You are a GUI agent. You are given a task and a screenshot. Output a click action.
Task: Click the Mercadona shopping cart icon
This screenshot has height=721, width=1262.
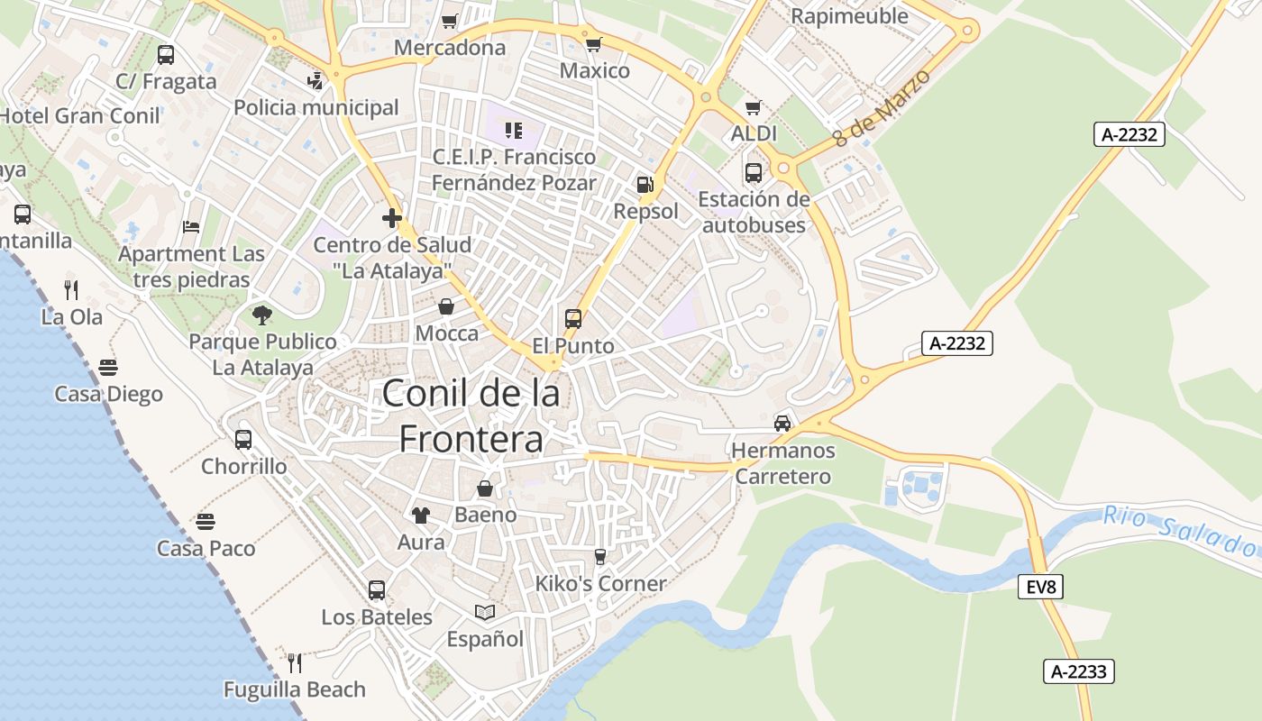[x=450, y=21]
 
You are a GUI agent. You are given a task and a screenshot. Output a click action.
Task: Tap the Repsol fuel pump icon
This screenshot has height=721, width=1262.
[x=645, y=185]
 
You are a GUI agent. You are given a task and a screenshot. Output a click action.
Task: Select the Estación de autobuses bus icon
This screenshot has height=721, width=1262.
[x=753, y=172]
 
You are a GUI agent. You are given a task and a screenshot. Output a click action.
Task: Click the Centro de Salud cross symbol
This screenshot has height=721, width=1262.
[x=391, y=218]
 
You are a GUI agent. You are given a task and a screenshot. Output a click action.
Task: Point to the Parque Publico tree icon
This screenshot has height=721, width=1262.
[x=262, y=315]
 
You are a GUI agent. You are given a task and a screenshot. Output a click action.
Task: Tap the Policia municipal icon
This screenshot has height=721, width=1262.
[x=315, y=81]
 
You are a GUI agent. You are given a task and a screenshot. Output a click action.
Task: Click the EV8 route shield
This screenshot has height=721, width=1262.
[x=1041, y=588]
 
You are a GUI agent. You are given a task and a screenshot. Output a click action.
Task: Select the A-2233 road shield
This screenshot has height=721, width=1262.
[x=1079, y=671]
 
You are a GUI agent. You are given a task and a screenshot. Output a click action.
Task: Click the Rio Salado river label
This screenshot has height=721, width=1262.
[x=1181, y=531]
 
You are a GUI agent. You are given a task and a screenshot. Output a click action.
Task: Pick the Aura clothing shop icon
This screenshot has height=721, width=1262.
[x=420, y=516]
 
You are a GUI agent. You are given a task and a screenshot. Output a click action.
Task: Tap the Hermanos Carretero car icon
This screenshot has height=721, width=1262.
[x=782, y=423]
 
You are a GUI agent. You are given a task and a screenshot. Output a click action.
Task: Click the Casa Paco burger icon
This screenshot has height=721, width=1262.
[x=206, y=522]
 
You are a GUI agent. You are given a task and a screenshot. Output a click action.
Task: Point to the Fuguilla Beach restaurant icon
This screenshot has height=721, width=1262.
[x=295, y=663]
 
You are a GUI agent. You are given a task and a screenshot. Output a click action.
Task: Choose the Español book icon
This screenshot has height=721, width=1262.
[x=485, y=613]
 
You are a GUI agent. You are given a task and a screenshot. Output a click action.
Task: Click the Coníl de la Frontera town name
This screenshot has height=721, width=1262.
[x=471, y=415]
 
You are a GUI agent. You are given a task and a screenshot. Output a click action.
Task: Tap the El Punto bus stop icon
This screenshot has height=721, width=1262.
[x=573, y=318]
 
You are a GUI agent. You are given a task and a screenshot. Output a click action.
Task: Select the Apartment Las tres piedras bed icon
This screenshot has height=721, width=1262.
[x=191, y=226]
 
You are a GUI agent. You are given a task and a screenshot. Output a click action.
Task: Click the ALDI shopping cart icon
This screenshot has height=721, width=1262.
[x=754, y=107]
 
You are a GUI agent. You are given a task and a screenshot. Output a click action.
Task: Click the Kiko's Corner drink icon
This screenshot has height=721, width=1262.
[x=600, y=557]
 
